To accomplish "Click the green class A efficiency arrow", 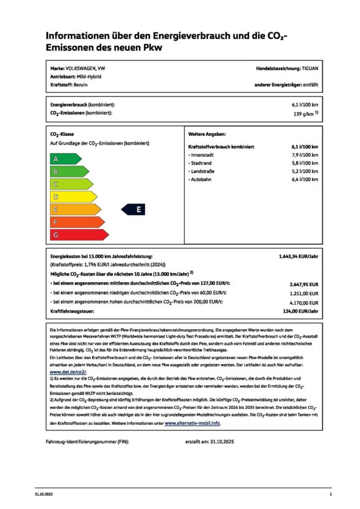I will tap(63, 159).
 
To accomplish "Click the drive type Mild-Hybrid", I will tap(89, 77).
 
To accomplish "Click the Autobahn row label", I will tap(201, 180).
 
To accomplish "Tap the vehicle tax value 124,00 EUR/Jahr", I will tap(299, 311).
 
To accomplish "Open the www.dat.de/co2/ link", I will tap(67, 371).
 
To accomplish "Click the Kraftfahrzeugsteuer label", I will tap(73, 311).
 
